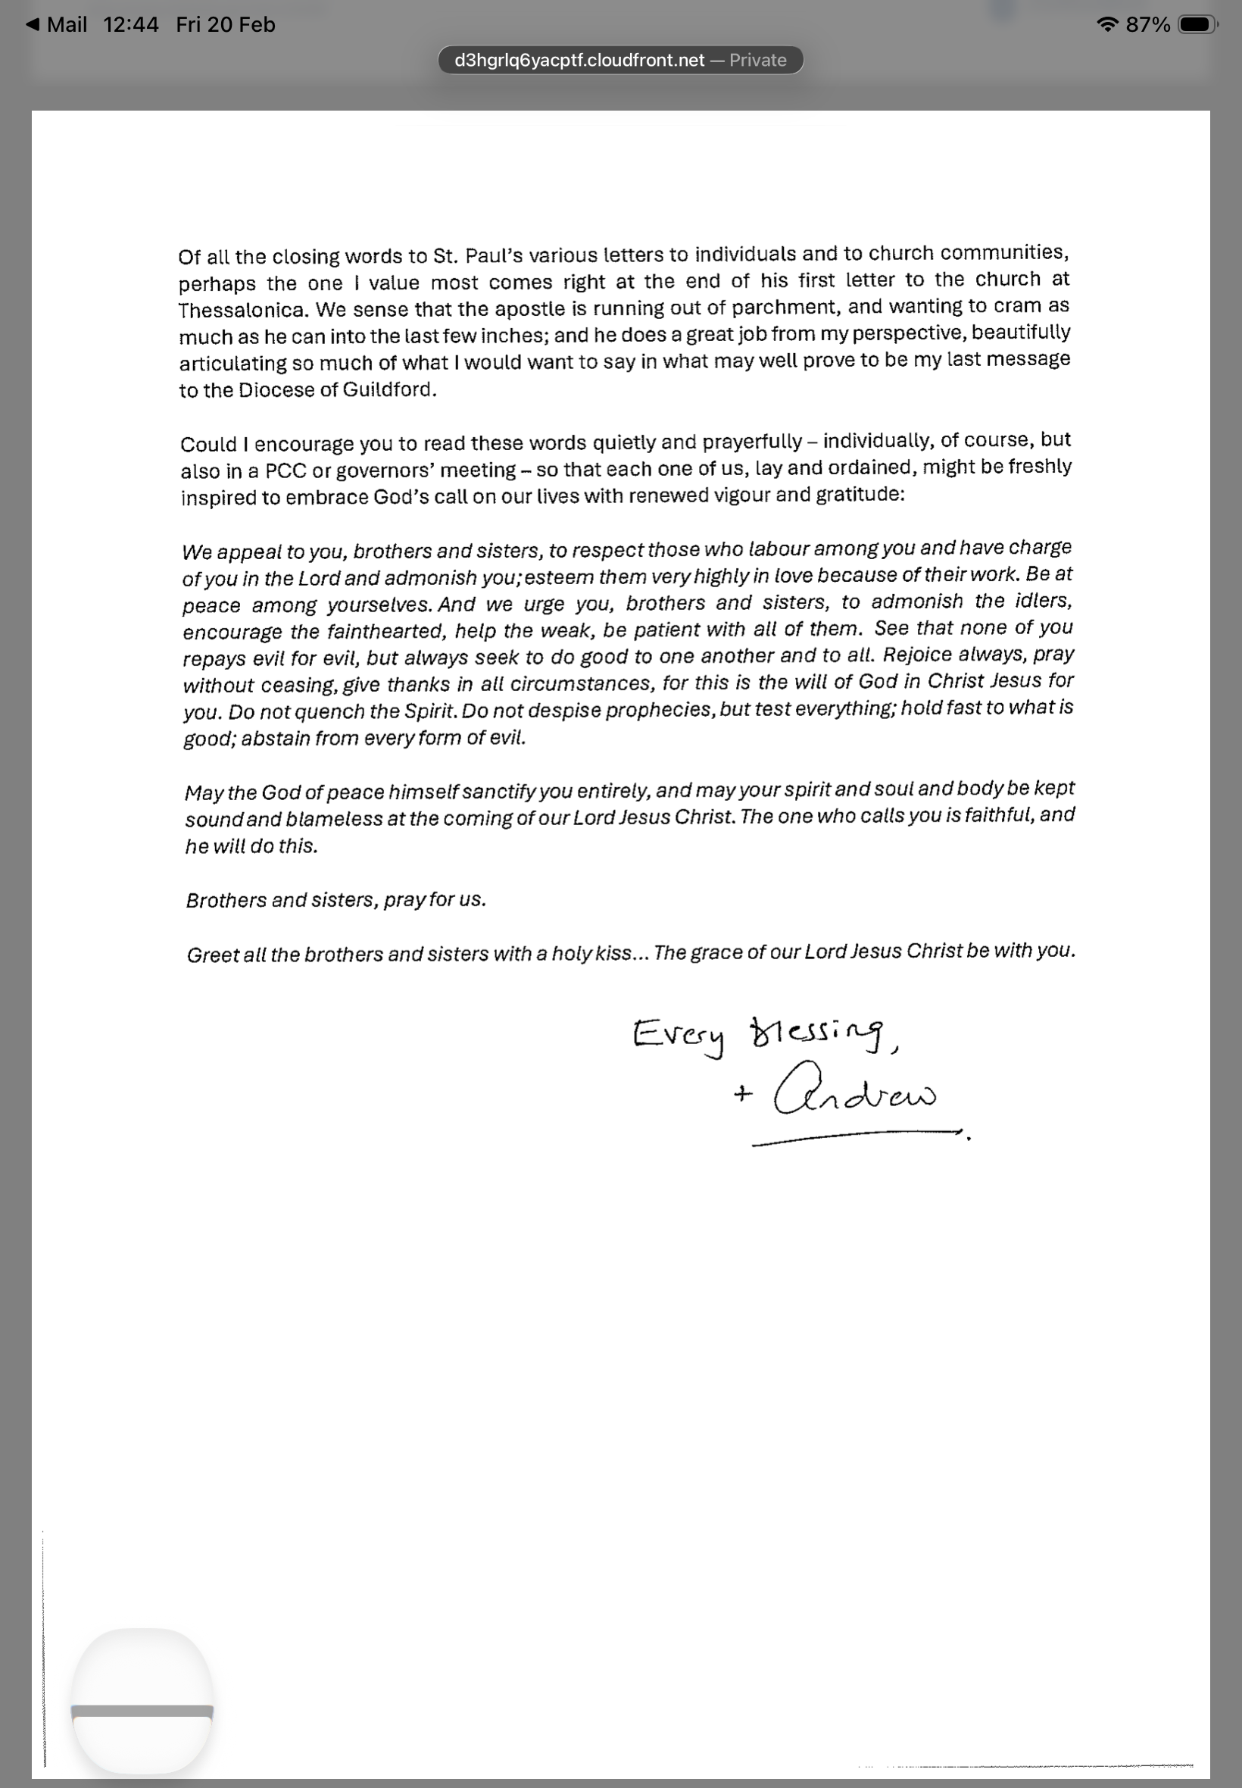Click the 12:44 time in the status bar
click(131, 25)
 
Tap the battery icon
click(1197, 25)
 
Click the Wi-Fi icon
click(1106, 25)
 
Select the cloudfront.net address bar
click(620, 60)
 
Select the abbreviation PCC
click(286, 471)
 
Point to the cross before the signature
click(742, 1095)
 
